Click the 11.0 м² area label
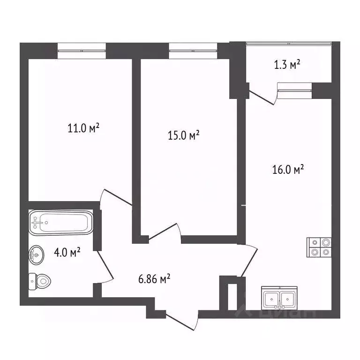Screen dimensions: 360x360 pyautogui.click(x=83, y=128)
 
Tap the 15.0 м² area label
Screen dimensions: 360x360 pyautogui.click(x=183, y=135)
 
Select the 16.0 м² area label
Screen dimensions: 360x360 pyautogui.click(x=288, y=169)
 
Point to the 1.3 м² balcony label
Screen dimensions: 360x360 pyautogui.click(x=287, y=65)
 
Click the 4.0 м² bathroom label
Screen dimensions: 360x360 pyautogui.click(x=67, y=252)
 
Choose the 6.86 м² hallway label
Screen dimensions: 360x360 pyautogui.click(x=154, y=279)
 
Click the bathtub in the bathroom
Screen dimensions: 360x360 pyautogui.click(x=61, y=223)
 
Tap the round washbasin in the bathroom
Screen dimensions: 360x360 pyautogui.click(x=37, y=255)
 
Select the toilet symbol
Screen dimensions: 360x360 pyautogui.click(x=40, y=281)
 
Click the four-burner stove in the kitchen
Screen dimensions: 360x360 pyautogui.click(x=319, y=247)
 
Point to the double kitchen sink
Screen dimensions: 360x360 pyautogui.click(x=279, y=298)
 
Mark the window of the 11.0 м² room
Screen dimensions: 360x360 pyautogui.click(x=82, y=51)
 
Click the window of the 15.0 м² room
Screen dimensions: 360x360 pyautogui.click(x=193, y=51)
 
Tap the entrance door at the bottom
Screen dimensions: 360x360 pyautogui.click(x=180, y=322)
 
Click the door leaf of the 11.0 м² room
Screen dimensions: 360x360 pyautogui.click(x=118, y=197)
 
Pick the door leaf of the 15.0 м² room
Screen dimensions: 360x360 pyautogui.click(x=163, y=232)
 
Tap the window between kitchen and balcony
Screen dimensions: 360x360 pyautogui.click(x=294, y=90)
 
